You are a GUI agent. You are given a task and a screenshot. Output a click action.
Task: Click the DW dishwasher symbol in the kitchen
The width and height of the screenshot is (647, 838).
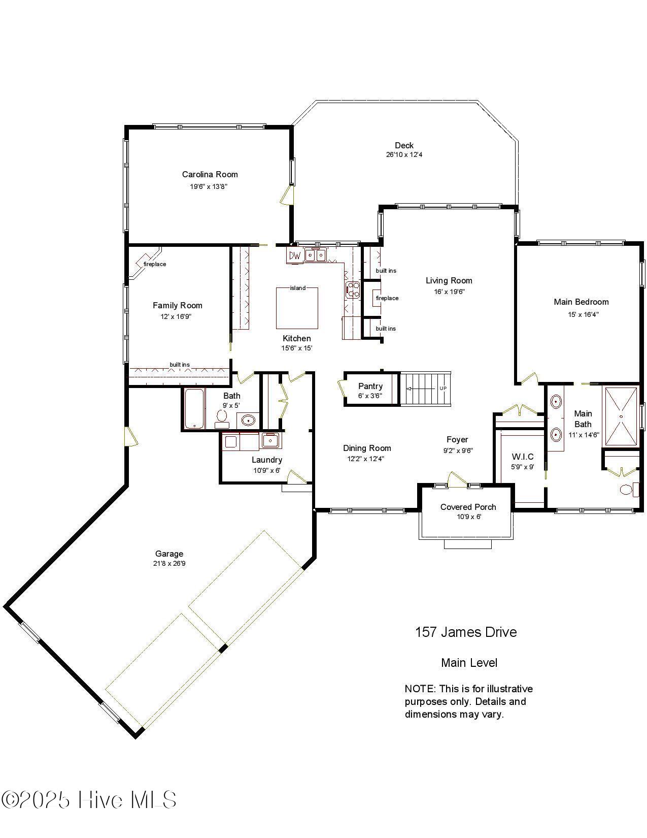pyautogui.click(x=294, y=256)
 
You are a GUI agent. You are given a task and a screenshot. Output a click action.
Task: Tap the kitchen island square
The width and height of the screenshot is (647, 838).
pyautogui.click(x=297, y=309)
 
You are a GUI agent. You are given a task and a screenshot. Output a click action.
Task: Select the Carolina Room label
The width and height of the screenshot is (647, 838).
pyautogui.click(x=210, y=174)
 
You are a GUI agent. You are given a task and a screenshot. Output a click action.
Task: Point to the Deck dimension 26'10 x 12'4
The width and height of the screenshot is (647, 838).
pyautogui.click(x=404, y=155)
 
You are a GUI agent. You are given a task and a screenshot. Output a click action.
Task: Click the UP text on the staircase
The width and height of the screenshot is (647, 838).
pyautogui.click(x=443, y=389)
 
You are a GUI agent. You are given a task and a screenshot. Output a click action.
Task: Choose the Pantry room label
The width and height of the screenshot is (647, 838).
pyautogui.click(x=370, y=386)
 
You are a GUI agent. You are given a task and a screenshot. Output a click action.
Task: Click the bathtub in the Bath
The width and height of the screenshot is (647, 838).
pyautogui.click(x=194, y=409)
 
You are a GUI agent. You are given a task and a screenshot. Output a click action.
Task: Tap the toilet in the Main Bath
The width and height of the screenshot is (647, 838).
pyautogui.click(x=627, y=490)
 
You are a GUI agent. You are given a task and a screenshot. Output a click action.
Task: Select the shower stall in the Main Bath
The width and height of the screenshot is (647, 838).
pyautogui.click(x=621, y=416)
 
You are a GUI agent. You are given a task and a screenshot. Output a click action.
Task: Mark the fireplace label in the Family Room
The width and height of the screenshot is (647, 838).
pyautogui.click(x=155, y=264)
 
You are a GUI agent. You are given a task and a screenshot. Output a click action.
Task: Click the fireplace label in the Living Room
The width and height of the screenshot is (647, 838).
pyautogui.click(x=387, y=298)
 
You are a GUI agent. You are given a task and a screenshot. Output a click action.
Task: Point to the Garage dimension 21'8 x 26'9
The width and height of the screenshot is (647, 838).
pyautogui.click(x=169, y=563)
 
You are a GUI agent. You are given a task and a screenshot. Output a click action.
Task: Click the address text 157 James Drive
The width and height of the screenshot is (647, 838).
pyautogui.click(x=466, y=632)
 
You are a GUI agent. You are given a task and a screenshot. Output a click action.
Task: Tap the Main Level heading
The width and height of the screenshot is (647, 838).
pyautogui.click(x=469, y=663)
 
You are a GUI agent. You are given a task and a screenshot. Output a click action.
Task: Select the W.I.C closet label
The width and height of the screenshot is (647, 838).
pyautogui.click(x=523, y=457)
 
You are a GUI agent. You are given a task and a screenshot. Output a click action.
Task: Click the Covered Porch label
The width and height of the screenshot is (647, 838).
pyautogui.click(x=468, y=507)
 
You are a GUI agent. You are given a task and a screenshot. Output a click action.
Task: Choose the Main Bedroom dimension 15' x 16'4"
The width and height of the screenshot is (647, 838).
pyautogui.click(x=583, y=314)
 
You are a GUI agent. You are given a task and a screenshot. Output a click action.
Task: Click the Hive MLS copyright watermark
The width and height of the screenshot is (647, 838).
pyautogui.click(x=89, y=800)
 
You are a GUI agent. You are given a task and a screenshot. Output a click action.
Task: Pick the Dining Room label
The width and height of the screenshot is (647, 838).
pyautogui.click(x=367, y=448)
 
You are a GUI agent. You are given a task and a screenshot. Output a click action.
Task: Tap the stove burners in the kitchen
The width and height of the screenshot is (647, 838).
pyautogui.click(x=353, y=289)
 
